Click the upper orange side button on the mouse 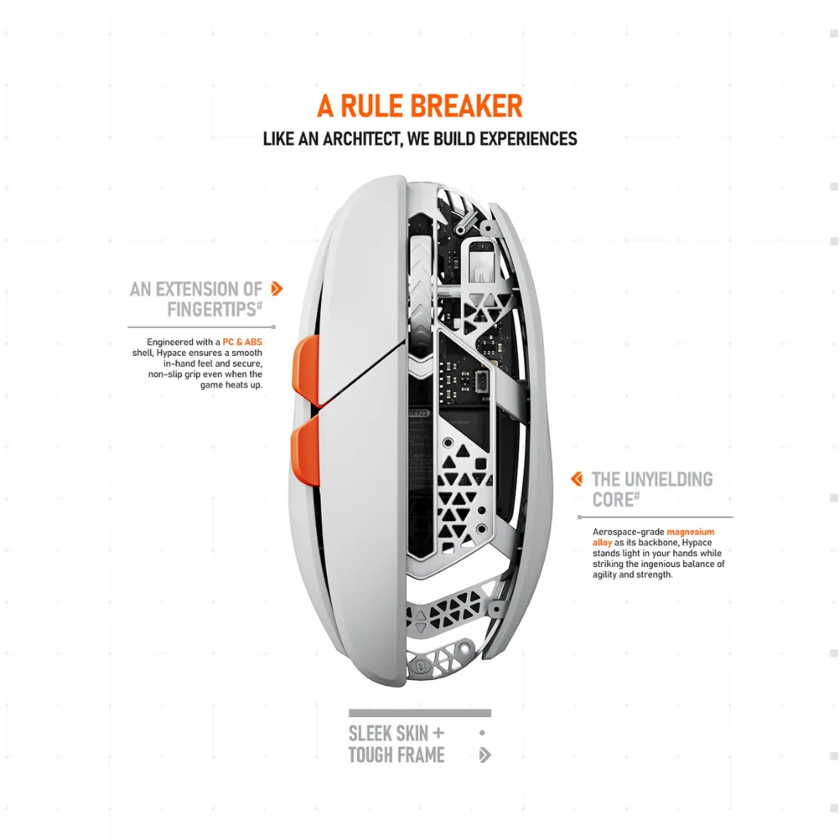[306, 371]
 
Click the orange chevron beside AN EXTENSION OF [276, 289]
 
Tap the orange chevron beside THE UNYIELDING [577, 479]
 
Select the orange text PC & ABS [242, 342]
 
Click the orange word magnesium [690, 532]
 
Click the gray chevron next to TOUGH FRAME [485, 756]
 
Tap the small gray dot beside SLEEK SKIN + [482, 733]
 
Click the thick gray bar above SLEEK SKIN [420, 713]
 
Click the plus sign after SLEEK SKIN [438, 733]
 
